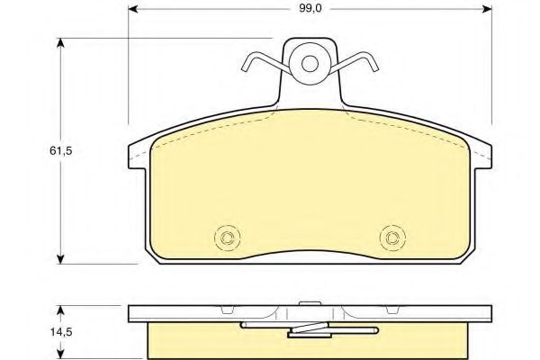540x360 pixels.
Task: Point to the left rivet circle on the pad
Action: [228, 238]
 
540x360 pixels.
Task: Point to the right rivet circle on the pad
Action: [391, 238]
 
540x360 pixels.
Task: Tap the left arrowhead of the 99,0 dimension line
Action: [133, 10]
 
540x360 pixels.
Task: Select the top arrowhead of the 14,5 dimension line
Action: [61, 309]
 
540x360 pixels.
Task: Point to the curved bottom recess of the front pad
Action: [310, 255]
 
